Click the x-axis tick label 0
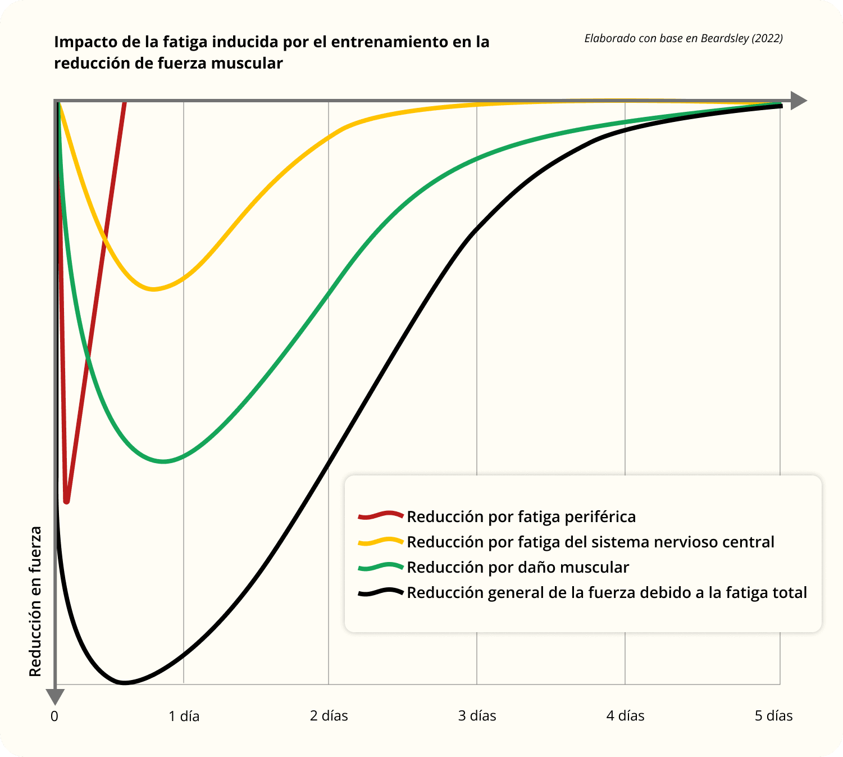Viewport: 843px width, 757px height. (x=54, y=716)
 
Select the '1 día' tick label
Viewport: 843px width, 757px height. (x=184, y=716)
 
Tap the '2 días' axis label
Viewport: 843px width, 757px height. (x=329, y=716)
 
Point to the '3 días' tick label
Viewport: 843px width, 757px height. (x=477, y=716)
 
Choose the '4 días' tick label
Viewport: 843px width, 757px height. (x=625, y=716)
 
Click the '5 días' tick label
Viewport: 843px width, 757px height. (x=773, y=716)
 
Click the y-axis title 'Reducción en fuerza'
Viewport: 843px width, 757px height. (x=35, y=601)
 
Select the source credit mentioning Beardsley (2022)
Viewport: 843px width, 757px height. (x=683, y=38)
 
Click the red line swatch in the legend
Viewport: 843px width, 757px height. (x=381, y=515)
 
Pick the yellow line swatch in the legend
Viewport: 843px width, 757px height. (x=381, y=541)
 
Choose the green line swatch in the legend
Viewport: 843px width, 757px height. (x=381, y=566)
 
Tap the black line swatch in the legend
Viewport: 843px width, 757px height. (x=381, y=592)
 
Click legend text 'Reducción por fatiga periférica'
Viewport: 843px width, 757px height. (x=521, y=516)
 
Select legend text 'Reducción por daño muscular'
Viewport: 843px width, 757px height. (x=518, y=568)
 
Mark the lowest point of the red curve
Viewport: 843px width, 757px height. (x=67, y=500)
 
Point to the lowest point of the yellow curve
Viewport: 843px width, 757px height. (x=153, y=289)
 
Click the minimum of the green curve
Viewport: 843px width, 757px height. (x=163, y=461)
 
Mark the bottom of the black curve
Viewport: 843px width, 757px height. (x=124, y=683)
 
